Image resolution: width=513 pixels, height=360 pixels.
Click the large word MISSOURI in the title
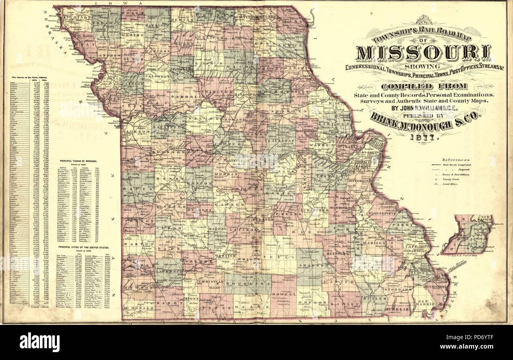coord(423,53)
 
